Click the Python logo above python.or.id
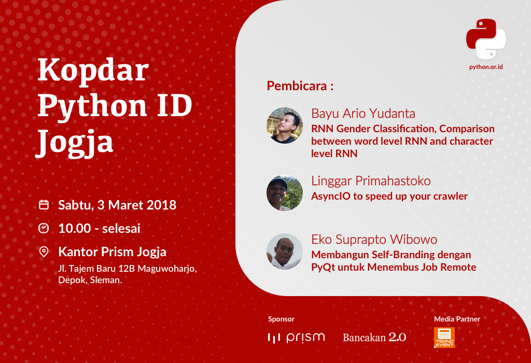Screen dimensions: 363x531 coord(486,39)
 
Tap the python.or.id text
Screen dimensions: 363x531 coord(486,67)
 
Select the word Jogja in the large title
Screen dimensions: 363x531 coord(75,141)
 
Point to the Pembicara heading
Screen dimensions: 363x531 coord(300,86)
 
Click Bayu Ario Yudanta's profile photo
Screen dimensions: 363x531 coord(285,125)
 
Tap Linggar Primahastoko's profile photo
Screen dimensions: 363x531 coord(285,193)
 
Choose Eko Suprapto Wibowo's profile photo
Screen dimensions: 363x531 coord(285,252)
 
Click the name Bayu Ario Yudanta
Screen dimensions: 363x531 coord(363,114)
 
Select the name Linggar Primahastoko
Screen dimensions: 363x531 coord(371,181)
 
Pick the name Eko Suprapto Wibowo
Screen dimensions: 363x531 coord(374,240)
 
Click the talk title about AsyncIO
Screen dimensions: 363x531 coord(389,196)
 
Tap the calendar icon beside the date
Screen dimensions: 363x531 coord(44,205)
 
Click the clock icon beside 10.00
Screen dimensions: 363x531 coord(44,228)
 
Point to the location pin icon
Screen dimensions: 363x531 coord(44,252)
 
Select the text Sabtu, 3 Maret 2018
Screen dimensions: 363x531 coord(117,205)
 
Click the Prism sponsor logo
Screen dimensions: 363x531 coord(296,338)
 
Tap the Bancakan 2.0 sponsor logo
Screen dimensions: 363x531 coord(374,337)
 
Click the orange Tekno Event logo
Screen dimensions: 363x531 coord(444,338)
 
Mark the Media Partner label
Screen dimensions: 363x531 coord(457,319)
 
